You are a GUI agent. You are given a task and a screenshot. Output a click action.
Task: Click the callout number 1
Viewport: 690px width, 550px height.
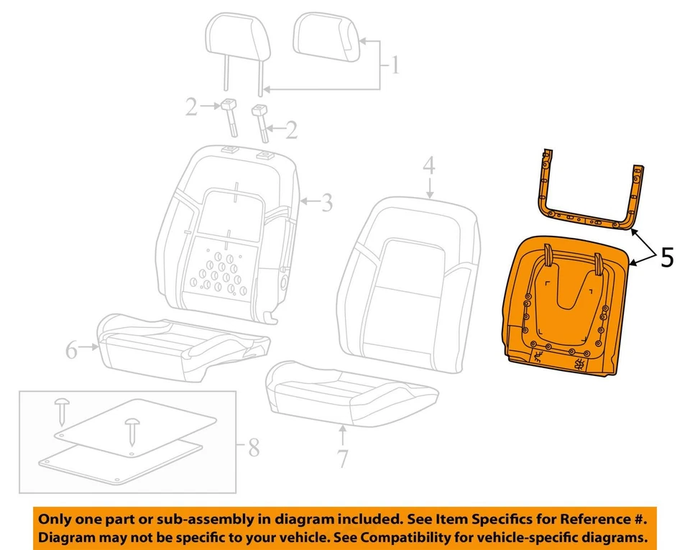click(394, 67)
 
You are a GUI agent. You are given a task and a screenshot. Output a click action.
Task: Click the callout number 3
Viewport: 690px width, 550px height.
click(327, 203)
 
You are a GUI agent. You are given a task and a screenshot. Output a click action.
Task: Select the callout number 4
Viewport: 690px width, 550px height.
click(428, 166)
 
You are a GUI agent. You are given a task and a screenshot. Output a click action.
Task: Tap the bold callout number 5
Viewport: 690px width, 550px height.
click(666, 257)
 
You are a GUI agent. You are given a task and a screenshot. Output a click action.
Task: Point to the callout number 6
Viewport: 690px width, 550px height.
click(71, 350)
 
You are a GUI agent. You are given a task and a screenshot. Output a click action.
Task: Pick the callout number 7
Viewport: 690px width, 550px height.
click(343, 456)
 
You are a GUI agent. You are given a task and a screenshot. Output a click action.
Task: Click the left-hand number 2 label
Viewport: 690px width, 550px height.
click(190, 108)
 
